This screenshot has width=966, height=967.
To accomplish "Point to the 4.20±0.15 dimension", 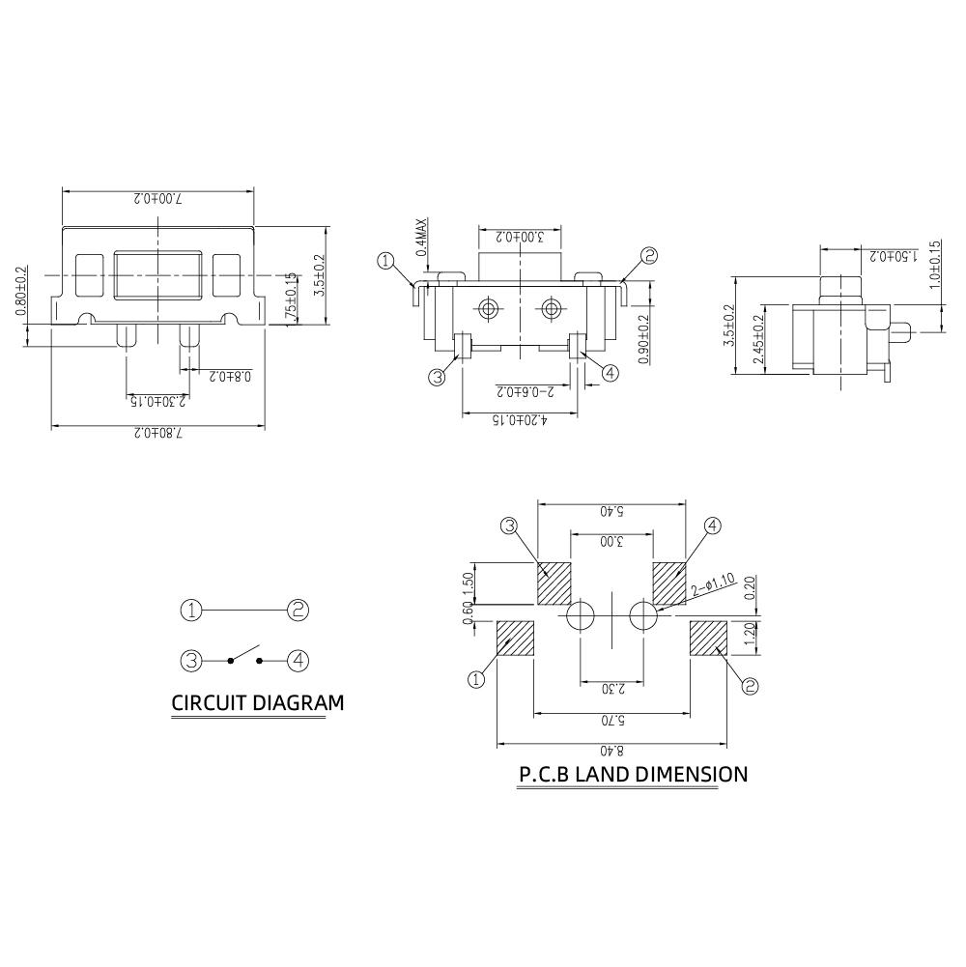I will pos(522,421).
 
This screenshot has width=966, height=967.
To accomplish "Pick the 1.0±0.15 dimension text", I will pos(934,263).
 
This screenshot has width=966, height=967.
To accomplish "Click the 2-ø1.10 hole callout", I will pos(715,584).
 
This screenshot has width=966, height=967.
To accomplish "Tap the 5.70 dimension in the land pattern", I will pos(612,721).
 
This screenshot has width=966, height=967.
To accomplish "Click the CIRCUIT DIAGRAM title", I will pos(257,703).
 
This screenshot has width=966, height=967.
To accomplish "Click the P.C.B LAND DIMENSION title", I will pos(633,775).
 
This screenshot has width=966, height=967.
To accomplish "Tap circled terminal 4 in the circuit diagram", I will pos(298,662).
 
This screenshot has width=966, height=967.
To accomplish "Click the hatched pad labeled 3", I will pos(554,583).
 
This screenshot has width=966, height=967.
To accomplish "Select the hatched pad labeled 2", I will pos(708,639).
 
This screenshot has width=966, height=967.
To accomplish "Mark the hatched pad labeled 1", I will pos(516,639).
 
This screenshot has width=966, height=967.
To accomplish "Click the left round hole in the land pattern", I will pos(581,615).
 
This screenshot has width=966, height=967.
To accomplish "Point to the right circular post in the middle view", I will pos(552,309).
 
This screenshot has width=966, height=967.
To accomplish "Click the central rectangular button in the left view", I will pos(156,274).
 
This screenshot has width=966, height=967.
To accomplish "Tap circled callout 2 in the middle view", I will pos(649,256).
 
